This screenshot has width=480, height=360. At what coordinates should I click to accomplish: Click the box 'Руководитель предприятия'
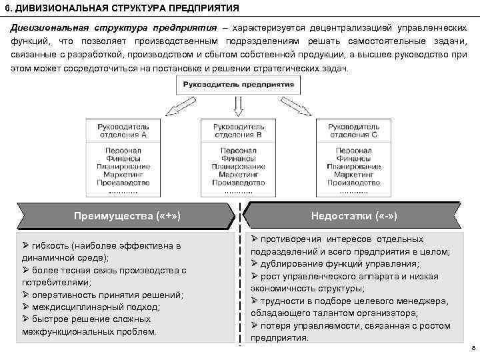click(238, 85)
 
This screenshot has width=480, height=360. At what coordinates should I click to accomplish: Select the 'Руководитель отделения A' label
click(123, 130)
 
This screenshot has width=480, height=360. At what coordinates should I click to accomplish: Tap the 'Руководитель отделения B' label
click(238, 130)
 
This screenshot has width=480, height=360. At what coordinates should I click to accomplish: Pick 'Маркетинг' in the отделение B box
click(238, 174)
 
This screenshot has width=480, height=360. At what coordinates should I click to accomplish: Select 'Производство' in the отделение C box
click(353, 182)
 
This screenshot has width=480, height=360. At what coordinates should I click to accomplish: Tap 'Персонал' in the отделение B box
click(238, 151)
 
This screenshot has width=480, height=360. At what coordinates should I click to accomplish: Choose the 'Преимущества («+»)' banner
click(127, 215)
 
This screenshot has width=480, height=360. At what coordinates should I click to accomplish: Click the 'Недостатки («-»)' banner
click(354, 215)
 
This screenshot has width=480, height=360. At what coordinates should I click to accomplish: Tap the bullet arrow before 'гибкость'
click(26, 245)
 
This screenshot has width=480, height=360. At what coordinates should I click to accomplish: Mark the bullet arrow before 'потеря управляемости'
click(254, 325)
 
